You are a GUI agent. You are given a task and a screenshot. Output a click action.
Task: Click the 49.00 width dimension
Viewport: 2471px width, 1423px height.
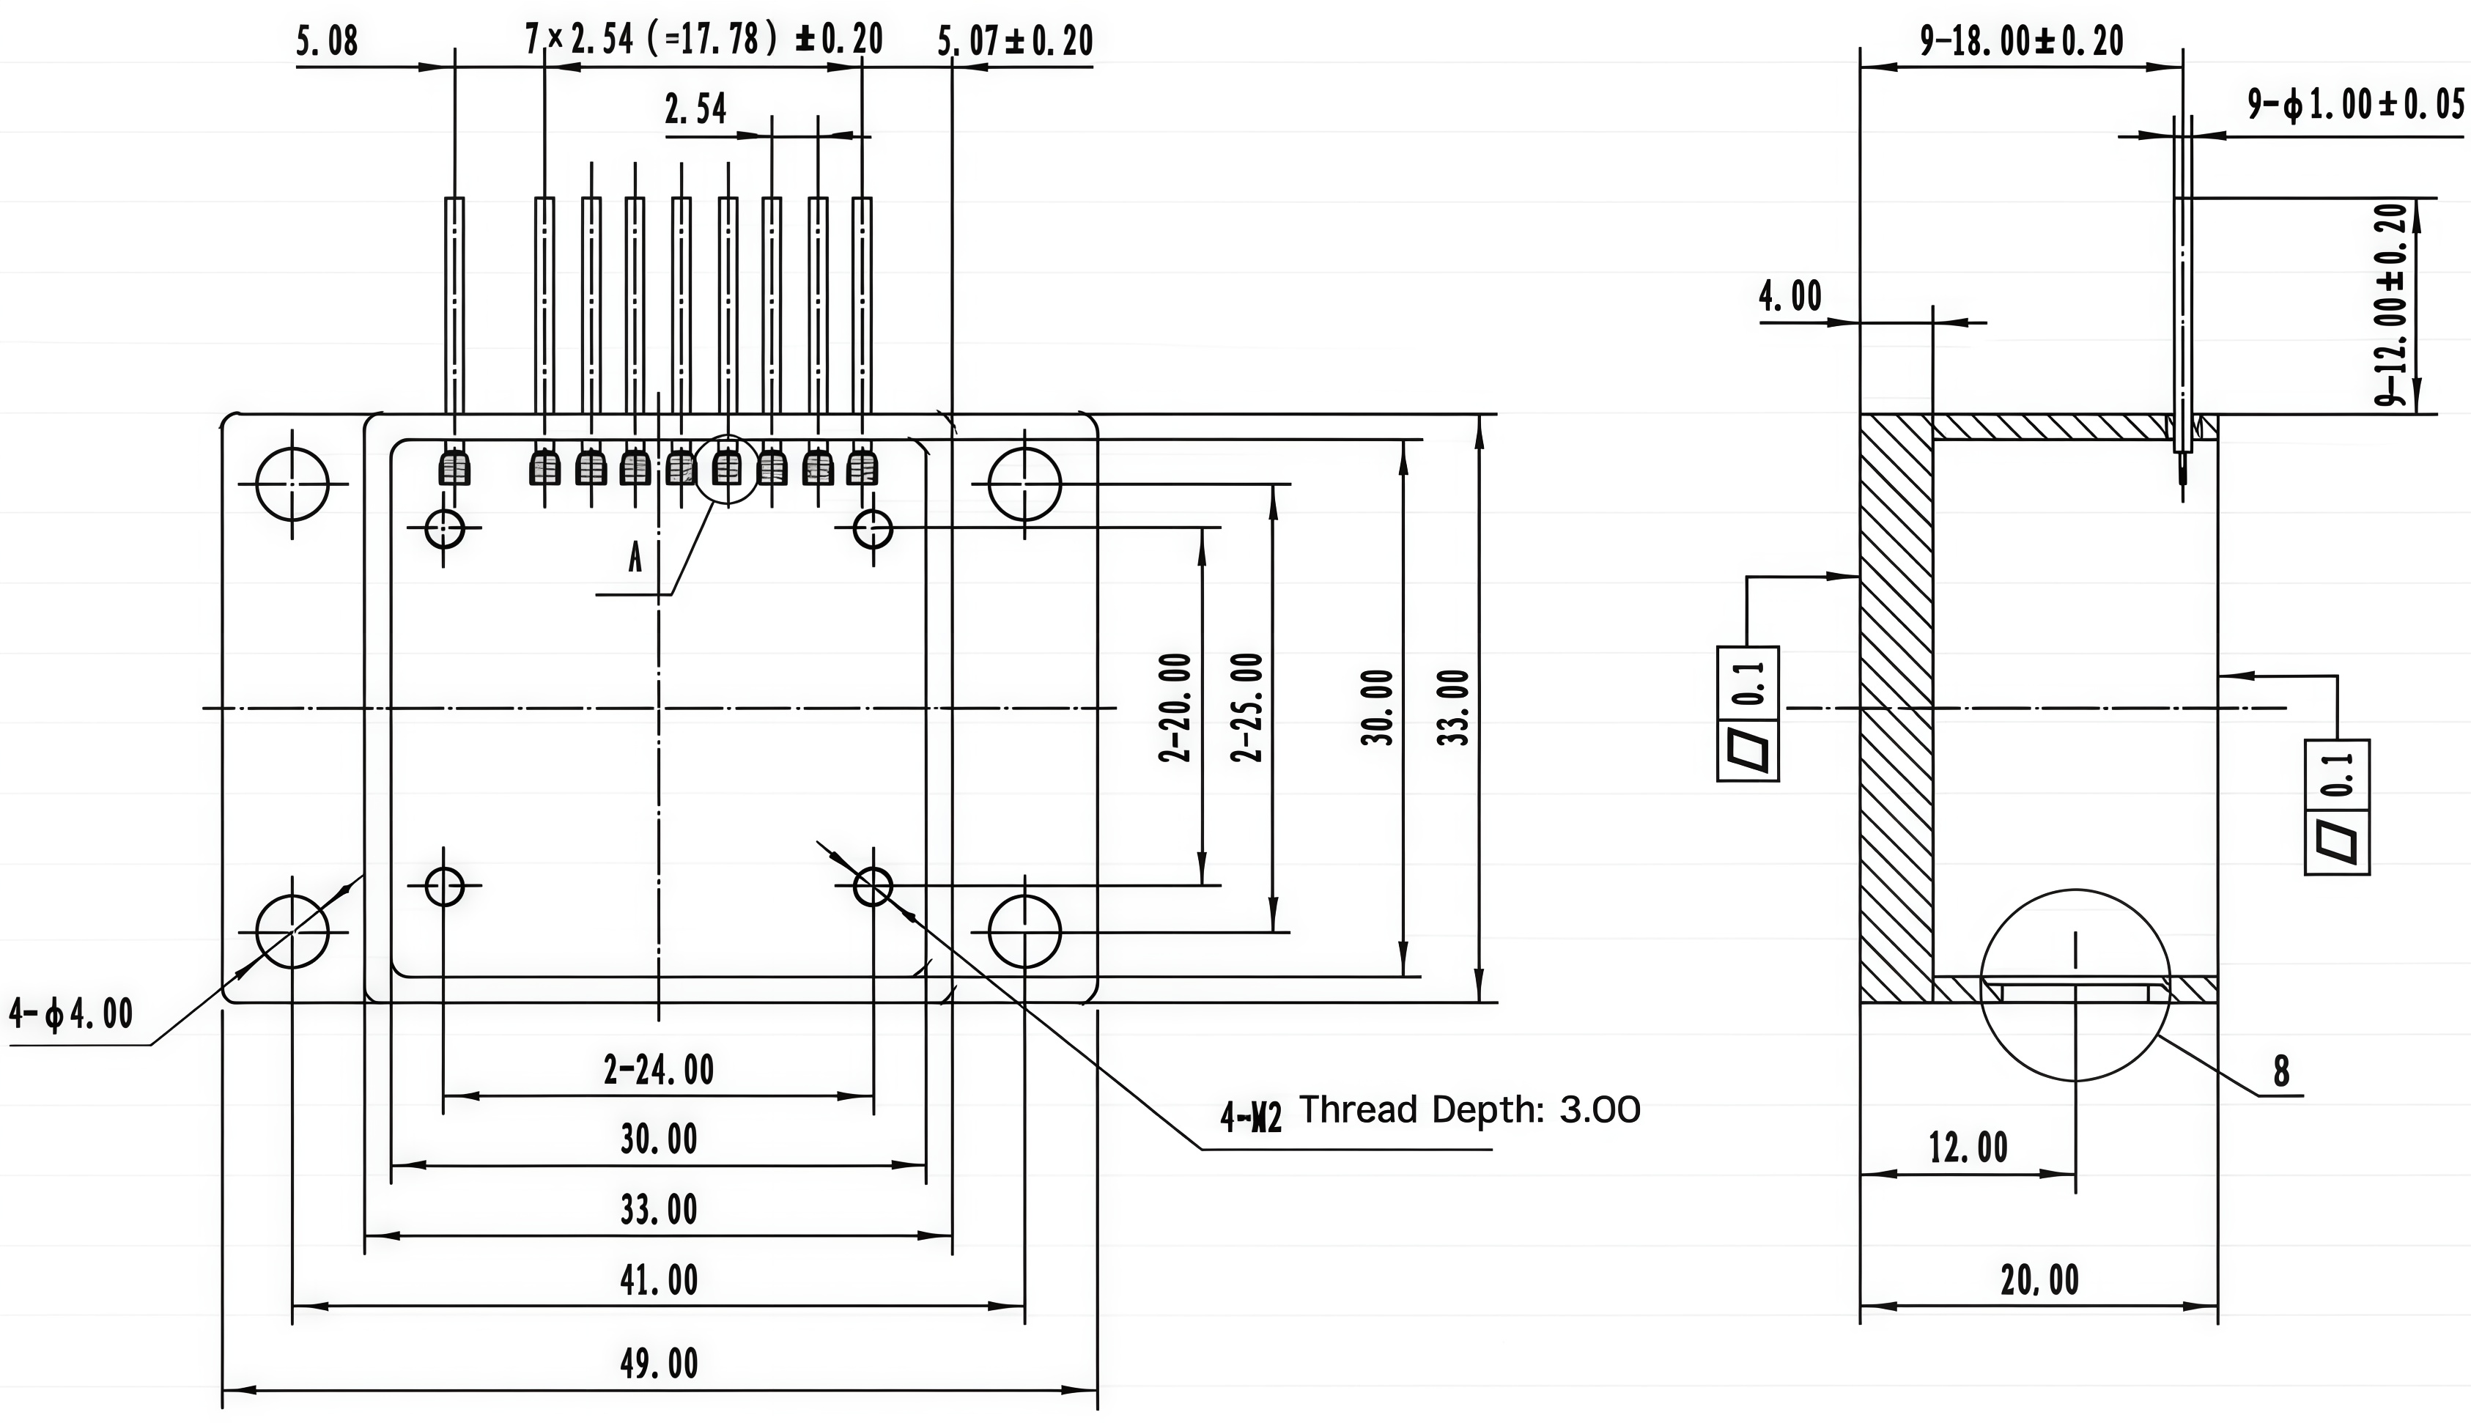point(659,1364)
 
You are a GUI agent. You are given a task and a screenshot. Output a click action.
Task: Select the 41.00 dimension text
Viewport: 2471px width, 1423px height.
point(659,1280)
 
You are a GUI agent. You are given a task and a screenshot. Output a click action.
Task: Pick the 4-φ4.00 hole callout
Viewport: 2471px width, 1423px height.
point(70,1013)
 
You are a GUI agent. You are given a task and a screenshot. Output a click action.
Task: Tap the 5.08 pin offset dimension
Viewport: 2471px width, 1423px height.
point(328,42)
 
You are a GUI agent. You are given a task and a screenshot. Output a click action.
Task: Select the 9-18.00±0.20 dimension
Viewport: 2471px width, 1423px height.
point(2022,41)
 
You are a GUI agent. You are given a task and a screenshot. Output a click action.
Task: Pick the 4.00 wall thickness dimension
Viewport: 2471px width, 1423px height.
point(1790,295)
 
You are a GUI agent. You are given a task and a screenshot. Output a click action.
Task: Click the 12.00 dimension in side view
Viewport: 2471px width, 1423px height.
point(1968,1147)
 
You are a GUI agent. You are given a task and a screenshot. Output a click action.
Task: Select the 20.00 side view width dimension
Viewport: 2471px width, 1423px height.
point(2039,1280)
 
